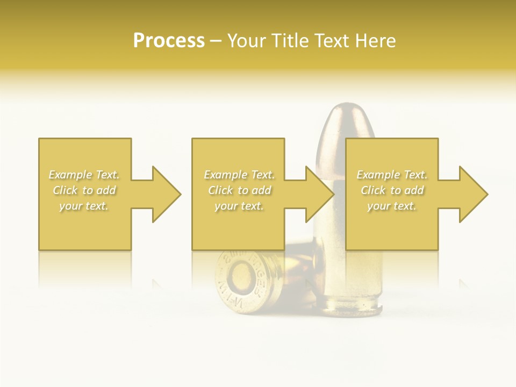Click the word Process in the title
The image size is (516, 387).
[x=169, y=41]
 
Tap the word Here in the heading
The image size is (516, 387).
[x=376, y=41]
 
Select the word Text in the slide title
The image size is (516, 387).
[x=332, y=41]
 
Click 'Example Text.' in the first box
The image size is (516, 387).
[x=84, y=175]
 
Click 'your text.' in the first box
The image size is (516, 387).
[x=84, y=206]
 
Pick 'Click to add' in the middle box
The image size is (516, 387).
[x=239, y=190]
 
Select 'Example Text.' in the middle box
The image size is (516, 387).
[x=239, y=175]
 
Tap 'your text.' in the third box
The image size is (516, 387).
[x=392, y=206]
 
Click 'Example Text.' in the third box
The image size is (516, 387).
[x=392, y=175]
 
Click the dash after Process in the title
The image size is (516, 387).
[x=216, y=41]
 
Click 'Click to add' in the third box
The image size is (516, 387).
[x=392, y=190]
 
